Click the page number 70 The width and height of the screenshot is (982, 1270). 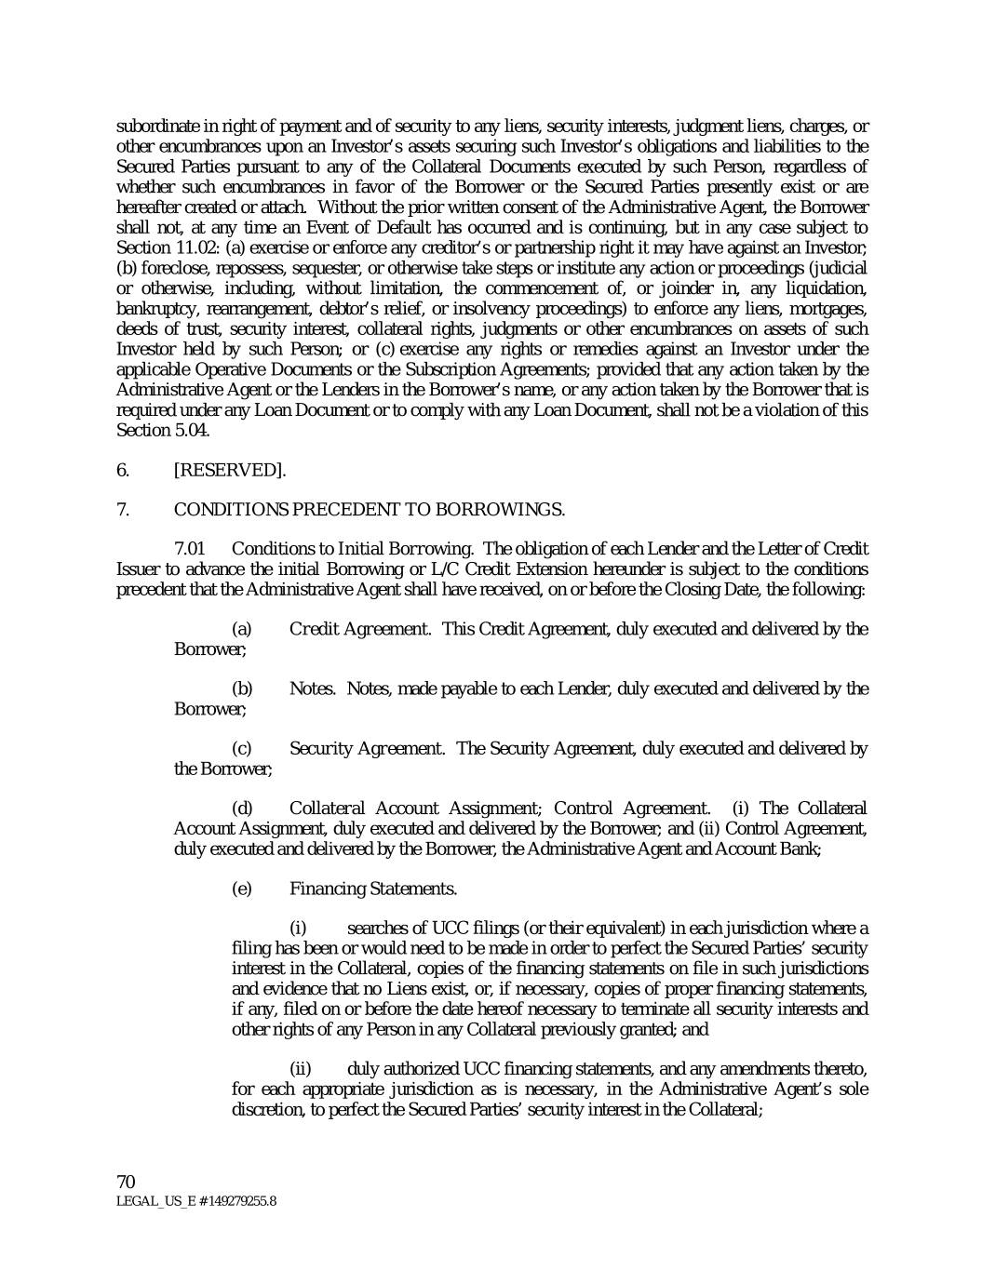point(127,1182)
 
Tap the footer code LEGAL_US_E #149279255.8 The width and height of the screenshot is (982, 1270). point(195,1201)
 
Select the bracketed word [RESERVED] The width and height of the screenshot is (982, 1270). point(230,470)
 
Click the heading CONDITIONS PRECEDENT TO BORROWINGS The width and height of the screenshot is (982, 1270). point(369,509)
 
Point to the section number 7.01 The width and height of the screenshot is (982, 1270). point(190,549)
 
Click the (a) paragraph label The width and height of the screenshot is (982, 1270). point(241,629)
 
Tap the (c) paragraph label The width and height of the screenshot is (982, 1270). point(241,748)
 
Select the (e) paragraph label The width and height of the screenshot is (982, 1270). point(241,889)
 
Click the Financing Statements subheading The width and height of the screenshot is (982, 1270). point(373,889)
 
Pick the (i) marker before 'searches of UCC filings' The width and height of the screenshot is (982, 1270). point(298,929)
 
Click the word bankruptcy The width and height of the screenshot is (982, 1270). point(156,308)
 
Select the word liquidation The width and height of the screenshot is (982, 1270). point(825,288)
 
